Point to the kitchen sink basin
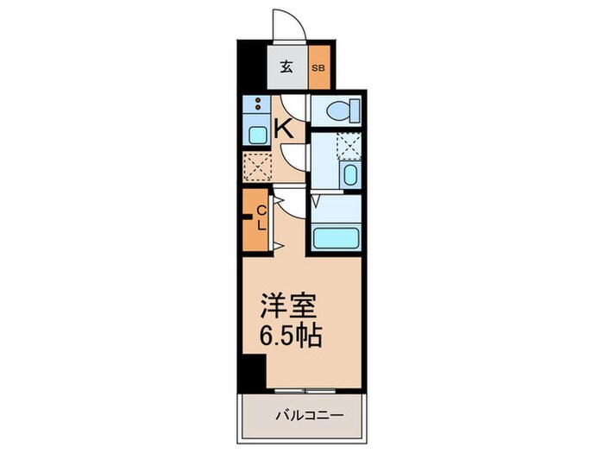tap(256, 135)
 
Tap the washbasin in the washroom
tap(349, 175)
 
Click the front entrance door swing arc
tap(287, 23)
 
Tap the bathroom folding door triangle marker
tap(317, 203)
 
